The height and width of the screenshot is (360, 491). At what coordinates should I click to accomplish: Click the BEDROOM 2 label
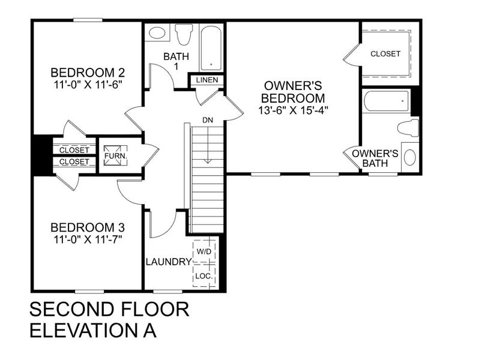(x=88, y=73)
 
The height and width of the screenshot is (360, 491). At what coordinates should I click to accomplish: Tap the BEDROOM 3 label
(x=88, y=228)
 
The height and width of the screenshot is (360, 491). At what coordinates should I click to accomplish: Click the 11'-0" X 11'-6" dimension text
(x=88, y=85)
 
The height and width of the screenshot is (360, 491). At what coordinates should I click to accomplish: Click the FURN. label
(x=112, y=155)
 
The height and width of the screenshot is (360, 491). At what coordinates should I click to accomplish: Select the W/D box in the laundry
(x=204, y=251)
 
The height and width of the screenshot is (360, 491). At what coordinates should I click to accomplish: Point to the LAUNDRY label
(x=168, y=262)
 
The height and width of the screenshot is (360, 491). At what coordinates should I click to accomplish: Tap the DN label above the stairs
(x=208, y=121)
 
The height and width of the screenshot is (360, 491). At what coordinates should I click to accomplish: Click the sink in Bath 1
(x=157, y=33)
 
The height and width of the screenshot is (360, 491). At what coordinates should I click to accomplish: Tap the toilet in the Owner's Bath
(x=408, y=128)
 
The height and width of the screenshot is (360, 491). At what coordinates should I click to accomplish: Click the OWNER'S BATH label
(x=375, y=158)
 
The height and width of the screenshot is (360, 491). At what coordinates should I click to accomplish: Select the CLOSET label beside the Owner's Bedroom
(x=385, y=54)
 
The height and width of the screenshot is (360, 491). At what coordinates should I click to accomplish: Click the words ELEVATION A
(x=93, y=331)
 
